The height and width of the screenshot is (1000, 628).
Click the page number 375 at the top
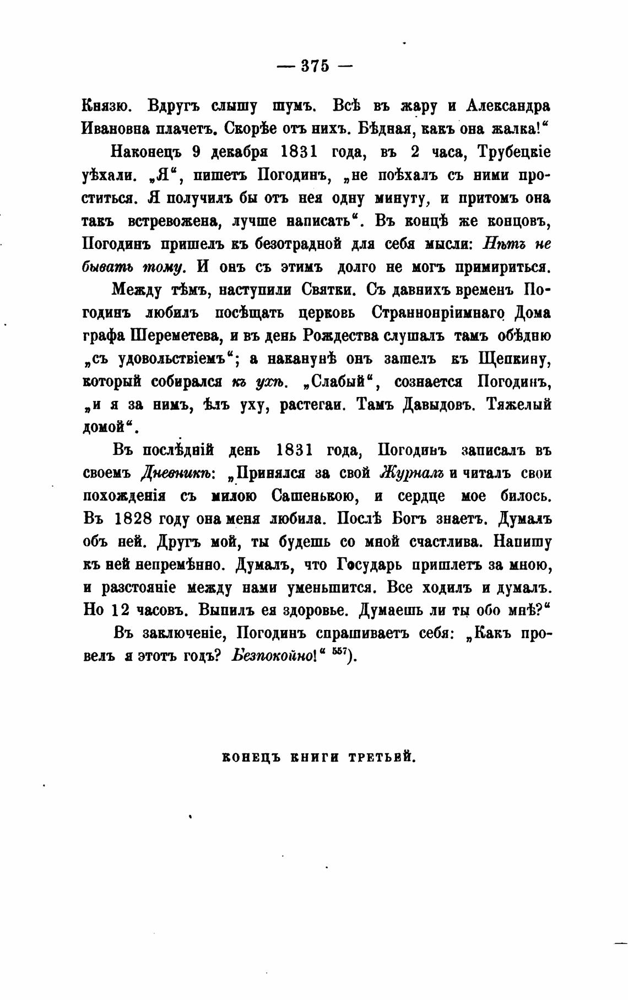[315, 66]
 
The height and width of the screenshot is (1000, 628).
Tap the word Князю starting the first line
[106, 106]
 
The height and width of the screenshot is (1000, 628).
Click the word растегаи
[313, 405]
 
